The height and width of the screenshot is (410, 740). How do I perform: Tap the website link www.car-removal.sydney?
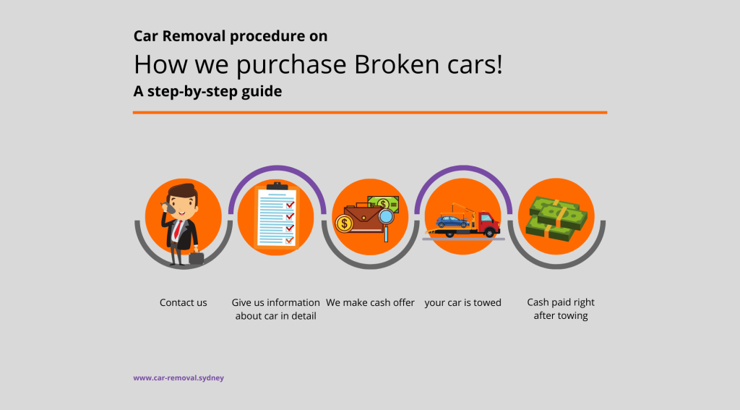point(178,378)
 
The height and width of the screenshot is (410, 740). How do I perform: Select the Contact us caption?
point(183,302)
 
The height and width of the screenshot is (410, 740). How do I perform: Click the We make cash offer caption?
point(370,302)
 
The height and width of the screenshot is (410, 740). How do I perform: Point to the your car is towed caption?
point(462,303)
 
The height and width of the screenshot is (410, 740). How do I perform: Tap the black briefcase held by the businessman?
point(197,258)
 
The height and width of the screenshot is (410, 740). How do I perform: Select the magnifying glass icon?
point(387,223)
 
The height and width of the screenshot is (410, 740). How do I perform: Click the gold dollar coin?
point(344,223)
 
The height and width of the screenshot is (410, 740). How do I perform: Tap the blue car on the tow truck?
point(452,221)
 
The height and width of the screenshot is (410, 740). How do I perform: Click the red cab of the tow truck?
point(489,223)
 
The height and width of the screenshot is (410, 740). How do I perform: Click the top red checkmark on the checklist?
point(290,205)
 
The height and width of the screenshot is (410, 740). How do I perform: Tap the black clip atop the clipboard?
point(277,186)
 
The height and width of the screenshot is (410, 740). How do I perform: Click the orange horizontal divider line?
point(370,112)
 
